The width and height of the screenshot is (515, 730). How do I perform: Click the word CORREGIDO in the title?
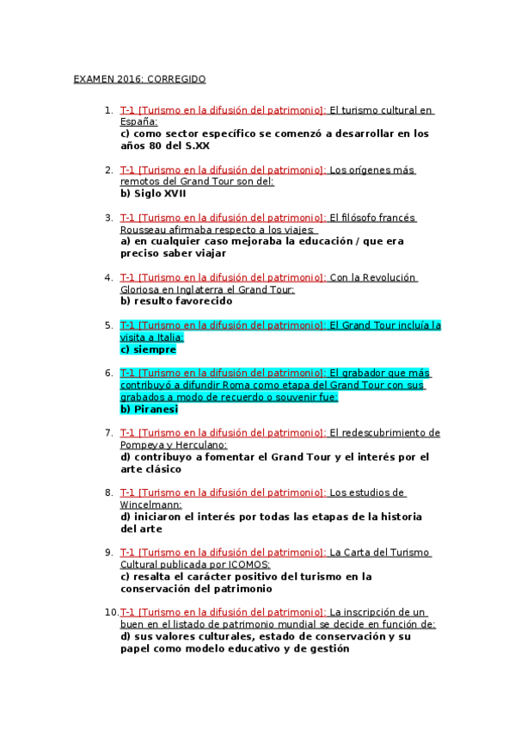[177, 79]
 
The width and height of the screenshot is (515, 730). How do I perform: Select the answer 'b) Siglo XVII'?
[154, 194]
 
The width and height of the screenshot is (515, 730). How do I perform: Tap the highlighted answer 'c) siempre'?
[148, 350]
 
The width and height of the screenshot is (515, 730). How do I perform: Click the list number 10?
[109, 612]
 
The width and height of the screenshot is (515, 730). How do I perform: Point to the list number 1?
[107, 110]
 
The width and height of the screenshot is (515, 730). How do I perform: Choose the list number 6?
[107, 373]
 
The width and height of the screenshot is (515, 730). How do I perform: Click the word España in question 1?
[138, 122]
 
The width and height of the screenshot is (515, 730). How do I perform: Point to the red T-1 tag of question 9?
[127, 552]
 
